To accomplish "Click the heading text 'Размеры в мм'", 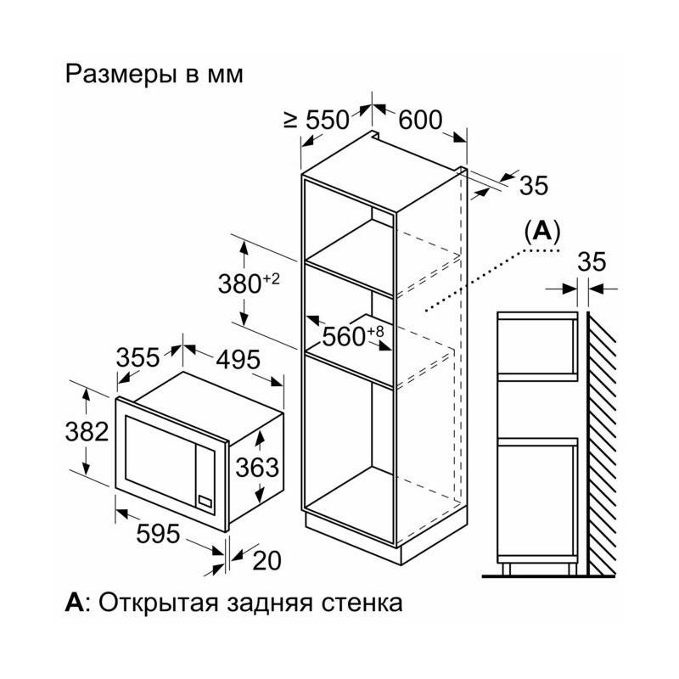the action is (x=154, y=74).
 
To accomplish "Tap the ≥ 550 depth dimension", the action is (x=317, y=120).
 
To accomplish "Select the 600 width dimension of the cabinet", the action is (x=420, y=120).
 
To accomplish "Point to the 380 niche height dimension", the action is (x=249, y=284).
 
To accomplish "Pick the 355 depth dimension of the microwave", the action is (x=138, y=357).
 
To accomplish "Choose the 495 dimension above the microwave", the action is (x=238, y=359).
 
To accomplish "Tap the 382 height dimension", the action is (x=87, y=431).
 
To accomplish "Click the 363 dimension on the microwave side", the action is (x=257, y=468).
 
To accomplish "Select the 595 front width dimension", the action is (x=158, y=533).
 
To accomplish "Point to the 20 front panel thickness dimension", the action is (x=267, y=560).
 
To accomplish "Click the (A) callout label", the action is (x=542, y=232).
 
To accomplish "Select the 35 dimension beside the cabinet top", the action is (x=534, y=185).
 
